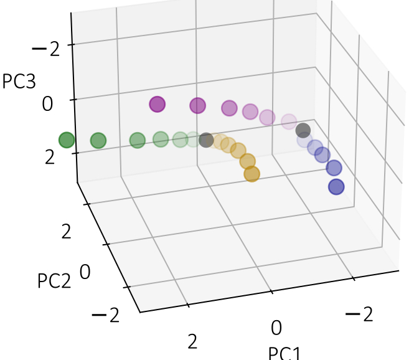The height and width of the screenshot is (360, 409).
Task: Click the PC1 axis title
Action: click(284, 354)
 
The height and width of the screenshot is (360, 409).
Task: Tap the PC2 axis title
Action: click(54, 280)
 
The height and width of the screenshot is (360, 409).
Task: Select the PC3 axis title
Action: click(19, 82)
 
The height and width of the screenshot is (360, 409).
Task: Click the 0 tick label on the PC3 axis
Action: click(47, 103)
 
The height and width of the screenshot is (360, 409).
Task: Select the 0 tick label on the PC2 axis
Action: click(86, 272)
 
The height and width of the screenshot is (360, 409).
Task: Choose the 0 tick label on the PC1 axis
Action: click(276, 328)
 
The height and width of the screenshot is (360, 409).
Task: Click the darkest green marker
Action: click(66, 141)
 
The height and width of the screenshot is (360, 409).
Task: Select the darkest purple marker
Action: click(157, 105)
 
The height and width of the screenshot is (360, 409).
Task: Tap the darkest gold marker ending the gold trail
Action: click(252, 174)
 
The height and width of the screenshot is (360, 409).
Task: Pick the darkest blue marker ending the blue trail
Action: click(336, 186)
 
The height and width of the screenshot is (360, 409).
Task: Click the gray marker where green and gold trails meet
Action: click(207, 141)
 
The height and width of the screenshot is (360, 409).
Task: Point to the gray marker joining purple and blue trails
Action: click(303, 131)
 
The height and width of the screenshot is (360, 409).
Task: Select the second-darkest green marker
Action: click(98, 141)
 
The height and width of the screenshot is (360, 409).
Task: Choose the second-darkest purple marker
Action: click(198, 106)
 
